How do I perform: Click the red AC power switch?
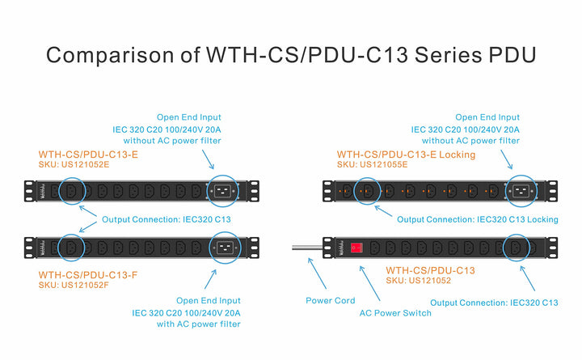pos(355,247)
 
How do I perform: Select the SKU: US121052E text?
pos(74,165)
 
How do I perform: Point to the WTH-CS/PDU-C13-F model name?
pos(88,274)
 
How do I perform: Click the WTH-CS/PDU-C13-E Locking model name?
pos(406,154)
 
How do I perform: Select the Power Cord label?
pos(329,300)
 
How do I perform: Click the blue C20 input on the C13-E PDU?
pos(224,192)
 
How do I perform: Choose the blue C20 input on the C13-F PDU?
pos(224,247)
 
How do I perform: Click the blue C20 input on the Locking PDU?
pos(521,192)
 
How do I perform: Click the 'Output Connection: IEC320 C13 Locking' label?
pos(477,219)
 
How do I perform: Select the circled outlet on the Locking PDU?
pos(369,192)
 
